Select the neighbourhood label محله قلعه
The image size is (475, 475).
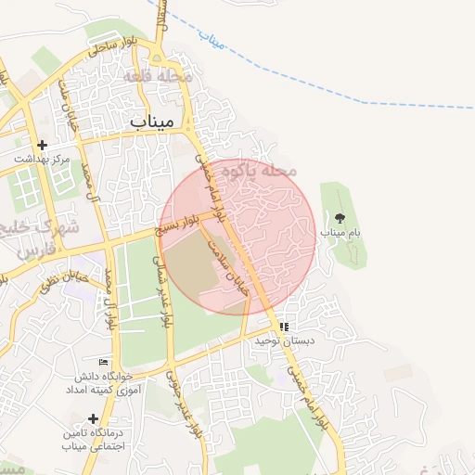tap(166, 76)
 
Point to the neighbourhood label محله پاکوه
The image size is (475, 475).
tap(266, 173)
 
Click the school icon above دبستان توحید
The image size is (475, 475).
tap(285, 327)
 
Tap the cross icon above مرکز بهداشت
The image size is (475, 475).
tap(42, 146)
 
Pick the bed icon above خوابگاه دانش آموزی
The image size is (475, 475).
tap(103, 362)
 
